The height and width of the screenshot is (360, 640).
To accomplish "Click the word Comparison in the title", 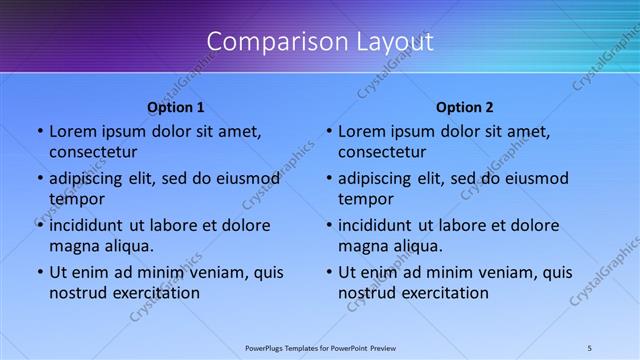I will [266, 42].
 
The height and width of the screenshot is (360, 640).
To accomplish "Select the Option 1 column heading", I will [176, 107].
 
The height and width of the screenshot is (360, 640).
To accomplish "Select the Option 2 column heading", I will [465, 107].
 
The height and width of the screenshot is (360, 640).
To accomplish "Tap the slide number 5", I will [590, 347].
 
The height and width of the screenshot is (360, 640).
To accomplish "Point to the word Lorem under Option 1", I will [72, 131].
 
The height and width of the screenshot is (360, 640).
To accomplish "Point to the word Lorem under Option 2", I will [361, 131].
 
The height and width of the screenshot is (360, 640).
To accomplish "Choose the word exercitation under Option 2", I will [442, 293].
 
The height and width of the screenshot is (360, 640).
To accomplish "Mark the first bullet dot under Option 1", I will [39, 132].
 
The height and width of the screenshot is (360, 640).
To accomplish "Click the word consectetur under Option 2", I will [382, 152].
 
